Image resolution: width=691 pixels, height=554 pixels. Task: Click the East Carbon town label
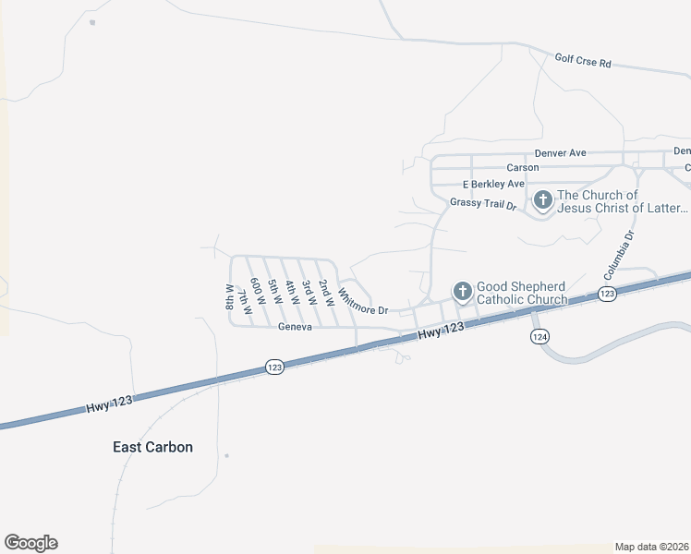(152, 447)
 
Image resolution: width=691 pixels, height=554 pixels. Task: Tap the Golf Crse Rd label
(583, 62)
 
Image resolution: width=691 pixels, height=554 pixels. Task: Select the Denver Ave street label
(560, 152)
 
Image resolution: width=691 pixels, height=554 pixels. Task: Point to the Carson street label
(522, 167)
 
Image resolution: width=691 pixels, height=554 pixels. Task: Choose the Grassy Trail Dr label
(482, 203)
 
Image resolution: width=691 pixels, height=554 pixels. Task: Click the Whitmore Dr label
(362, 302)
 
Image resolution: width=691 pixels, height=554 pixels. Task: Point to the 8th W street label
(229, 295)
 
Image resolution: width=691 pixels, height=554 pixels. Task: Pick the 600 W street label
(259, 298)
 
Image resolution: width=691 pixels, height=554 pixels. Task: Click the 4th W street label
(291, 294)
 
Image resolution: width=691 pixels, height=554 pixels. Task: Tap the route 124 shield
(539, 337)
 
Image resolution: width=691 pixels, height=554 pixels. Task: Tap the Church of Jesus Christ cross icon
(542, 200)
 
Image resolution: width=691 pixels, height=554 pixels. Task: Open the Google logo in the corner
(30, 543)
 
